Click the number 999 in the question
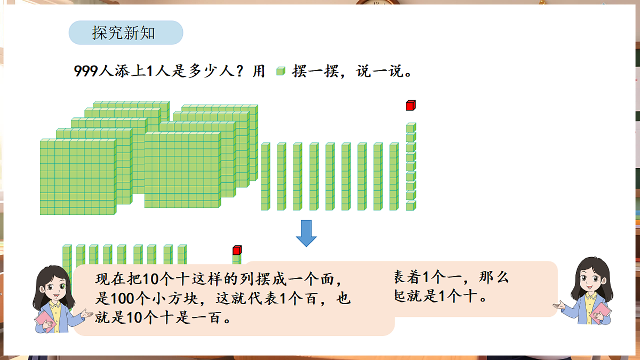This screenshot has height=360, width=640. [87, 72]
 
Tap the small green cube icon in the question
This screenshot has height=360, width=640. [281, 71]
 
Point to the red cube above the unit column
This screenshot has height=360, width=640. [410, 105]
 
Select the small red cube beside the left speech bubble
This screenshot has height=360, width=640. [237, 250]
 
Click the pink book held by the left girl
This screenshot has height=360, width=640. [45, 321]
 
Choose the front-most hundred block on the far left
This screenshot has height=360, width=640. [77, 178]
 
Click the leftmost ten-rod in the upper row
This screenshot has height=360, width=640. [265, 177]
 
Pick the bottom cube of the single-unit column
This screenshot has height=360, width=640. [410, 206]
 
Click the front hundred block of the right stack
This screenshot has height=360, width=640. [182, 170]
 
